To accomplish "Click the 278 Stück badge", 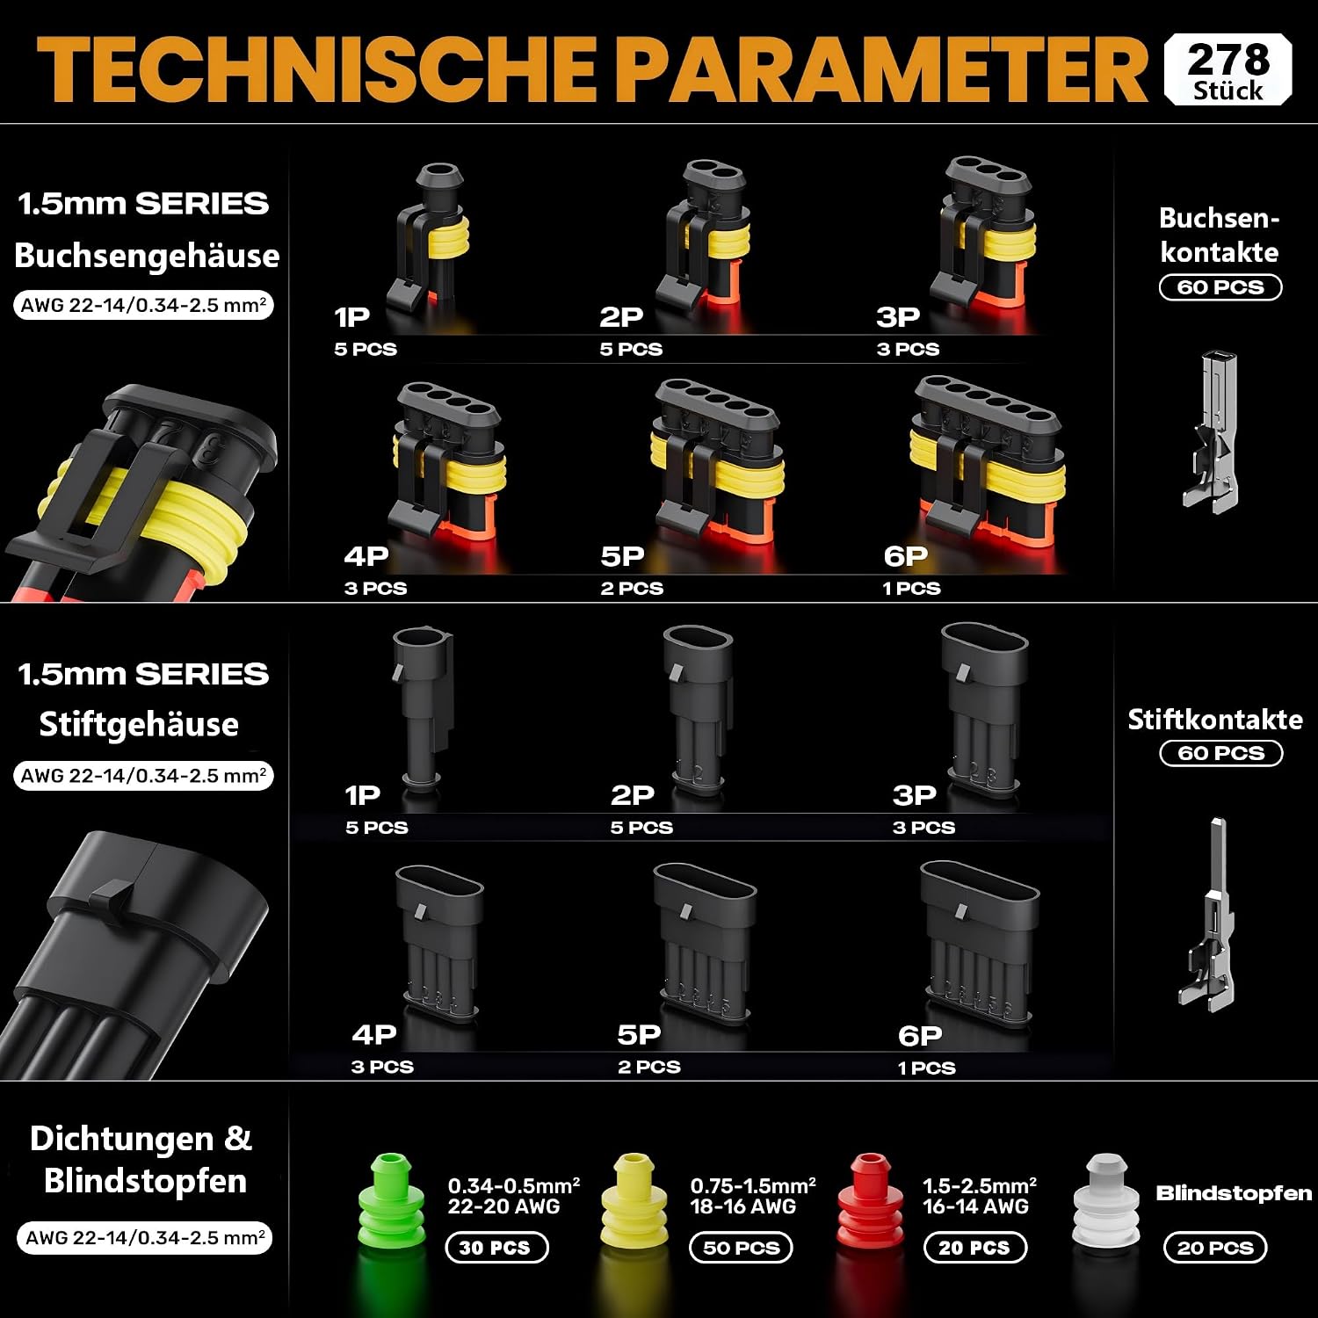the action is click(x=1227, y=69).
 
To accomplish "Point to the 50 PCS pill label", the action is click(x=742, y=1248).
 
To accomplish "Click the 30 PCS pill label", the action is click(x=496, y=1248).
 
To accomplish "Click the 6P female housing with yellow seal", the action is click(x=988, y=457).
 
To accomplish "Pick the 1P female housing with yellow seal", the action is click(x=429, y=239).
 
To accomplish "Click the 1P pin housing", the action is click(x=424, y=707).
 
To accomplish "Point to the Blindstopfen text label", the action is click(x=1234, y=1193).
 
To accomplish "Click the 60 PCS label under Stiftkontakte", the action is click(x=1221, y=753).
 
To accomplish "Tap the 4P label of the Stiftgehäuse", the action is click(x=374, y=1034).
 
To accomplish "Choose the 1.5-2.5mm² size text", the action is click(x=980, y=1185).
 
